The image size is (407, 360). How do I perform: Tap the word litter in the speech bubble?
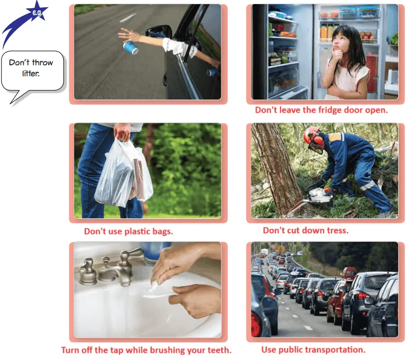pos(31,74)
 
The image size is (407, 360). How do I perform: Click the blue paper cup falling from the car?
pos(131,48)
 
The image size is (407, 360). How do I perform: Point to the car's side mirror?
pos(159,32)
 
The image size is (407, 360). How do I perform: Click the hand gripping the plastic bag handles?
pos(122,132)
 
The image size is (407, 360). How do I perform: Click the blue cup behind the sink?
pos(155,251)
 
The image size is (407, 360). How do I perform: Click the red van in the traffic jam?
pos(349,273)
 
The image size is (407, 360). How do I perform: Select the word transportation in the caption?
pos(335,350)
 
